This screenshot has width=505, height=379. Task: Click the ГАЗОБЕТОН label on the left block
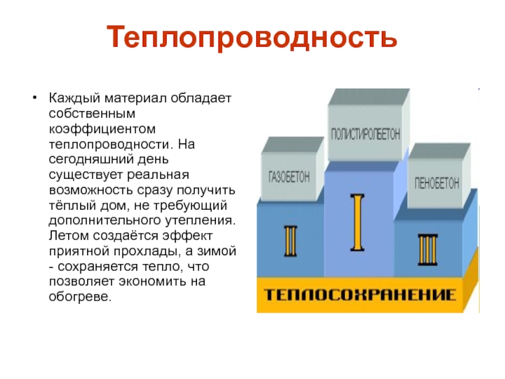pos(290,176)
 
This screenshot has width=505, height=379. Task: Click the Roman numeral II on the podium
pos(292,241)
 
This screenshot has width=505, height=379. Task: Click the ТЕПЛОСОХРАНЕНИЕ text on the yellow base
pos(359,295)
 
